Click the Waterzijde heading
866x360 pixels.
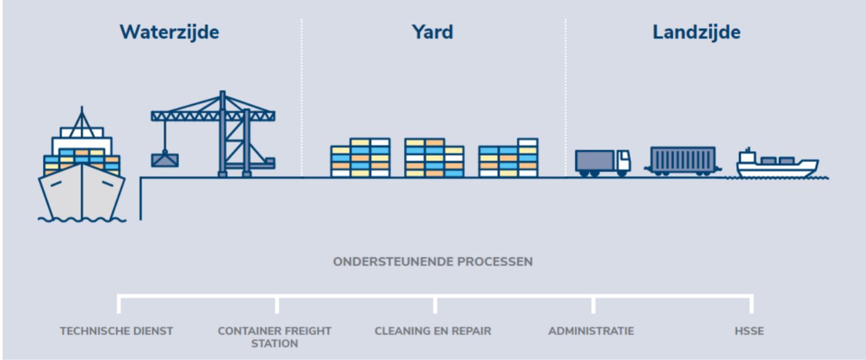[169, 32]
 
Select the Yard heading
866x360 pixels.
[432, 32]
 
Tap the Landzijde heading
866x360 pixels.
[696, 32]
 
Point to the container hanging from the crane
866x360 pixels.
[164, 160]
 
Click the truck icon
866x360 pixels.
[602, 162]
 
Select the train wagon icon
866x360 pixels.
[682, 160]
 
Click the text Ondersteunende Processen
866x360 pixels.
[432, 262]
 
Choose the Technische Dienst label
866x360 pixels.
[117, 331]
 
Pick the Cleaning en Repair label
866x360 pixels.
[432, 331]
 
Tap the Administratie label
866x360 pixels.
[591, 331]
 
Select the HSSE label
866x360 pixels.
[749, 331]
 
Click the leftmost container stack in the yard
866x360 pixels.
[360, 158]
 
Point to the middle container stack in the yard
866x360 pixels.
[434, 158]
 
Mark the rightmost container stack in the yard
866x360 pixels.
[508, 158]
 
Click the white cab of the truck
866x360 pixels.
[622, 161]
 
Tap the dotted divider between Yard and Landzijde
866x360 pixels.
[565, 93]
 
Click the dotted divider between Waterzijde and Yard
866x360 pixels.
[302, 93]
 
